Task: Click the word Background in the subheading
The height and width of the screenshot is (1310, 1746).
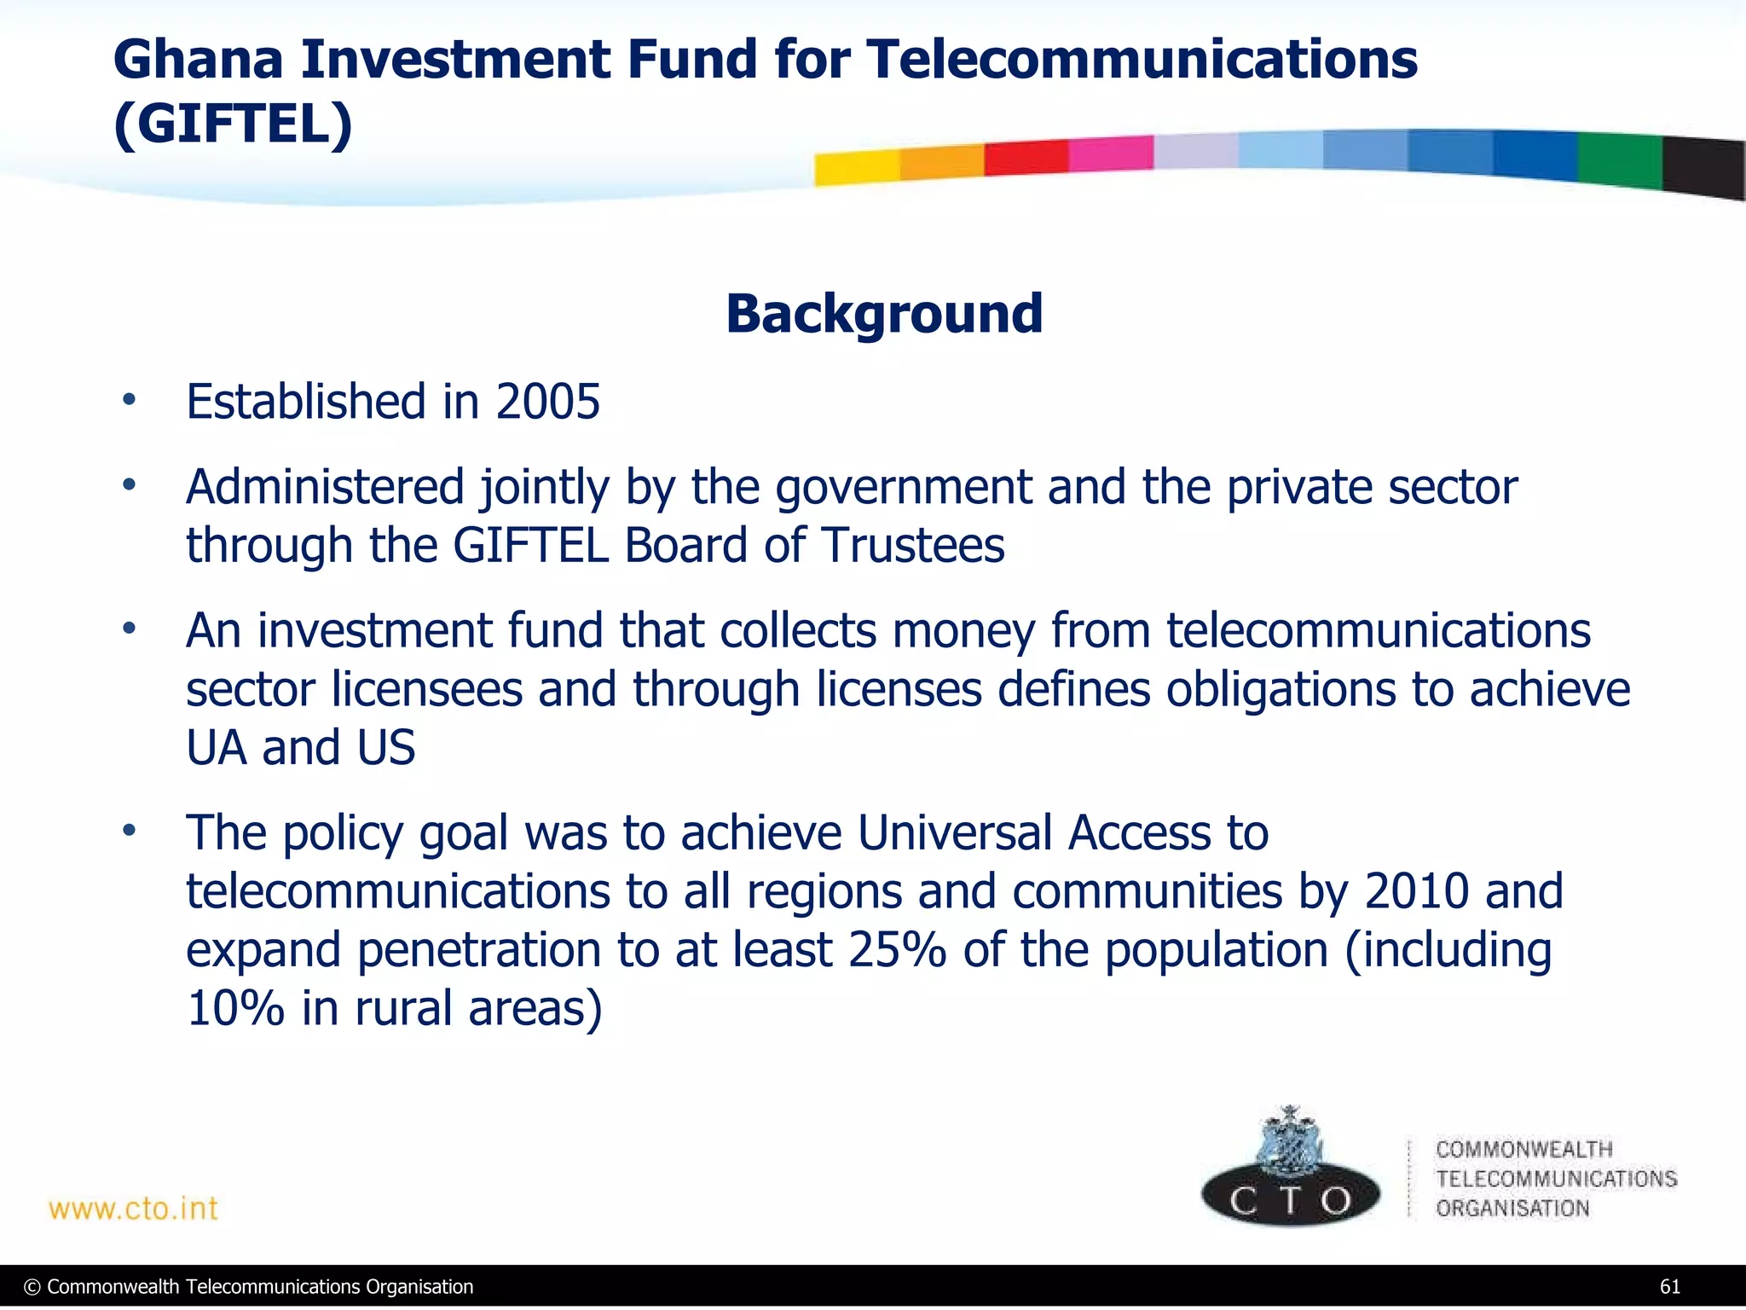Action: tap(884, 314)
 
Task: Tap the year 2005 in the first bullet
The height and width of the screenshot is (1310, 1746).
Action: tap(548, 402)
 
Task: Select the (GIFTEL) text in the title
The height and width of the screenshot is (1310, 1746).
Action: tap(233, 125)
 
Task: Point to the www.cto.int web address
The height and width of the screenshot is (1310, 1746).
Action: tap(133, 1209)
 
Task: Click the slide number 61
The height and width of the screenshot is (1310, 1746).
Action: tap(1669, 1287)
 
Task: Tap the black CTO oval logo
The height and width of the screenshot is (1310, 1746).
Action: tap(1290, 1197)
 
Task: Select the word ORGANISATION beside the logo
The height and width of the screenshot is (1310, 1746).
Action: tap(1512, 1209)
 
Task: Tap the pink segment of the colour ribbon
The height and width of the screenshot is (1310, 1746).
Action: tap(1110, 154)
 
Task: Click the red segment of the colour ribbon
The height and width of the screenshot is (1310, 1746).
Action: tap(1026, 158)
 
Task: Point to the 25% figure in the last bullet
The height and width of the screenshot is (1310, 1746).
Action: tap(897, 950)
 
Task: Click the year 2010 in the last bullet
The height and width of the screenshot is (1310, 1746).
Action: tap(1416, 891)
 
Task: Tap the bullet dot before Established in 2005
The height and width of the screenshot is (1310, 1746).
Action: tap(129, 399)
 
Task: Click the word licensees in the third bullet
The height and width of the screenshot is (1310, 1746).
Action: tap(426, 689)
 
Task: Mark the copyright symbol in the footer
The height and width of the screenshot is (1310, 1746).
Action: tap(32, 1287)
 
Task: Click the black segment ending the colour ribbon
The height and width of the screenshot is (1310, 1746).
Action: tap(1703, 168)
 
